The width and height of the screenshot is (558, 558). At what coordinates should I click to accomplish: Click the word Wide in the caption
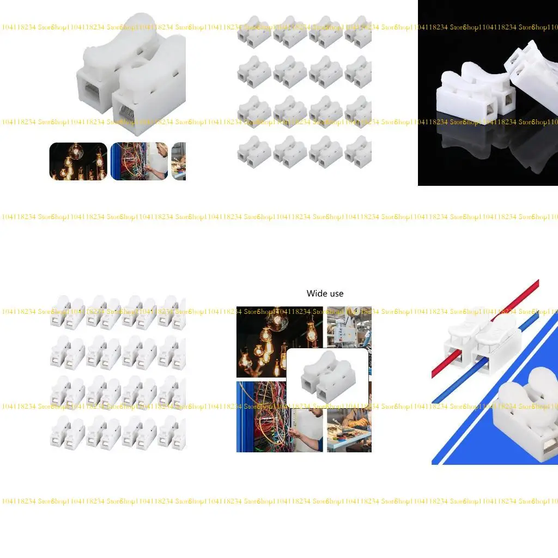[x=317, y=294]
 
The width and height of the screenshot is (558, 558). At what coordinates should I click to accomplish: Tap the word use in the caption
[x=336, y=294]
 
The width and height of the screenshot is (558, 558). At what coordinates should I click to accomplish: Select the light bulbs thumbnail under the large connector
[x=78, y=161]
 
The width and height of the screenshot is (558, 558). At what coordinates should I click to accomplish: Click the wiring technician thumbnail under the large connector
[x=139, y=161]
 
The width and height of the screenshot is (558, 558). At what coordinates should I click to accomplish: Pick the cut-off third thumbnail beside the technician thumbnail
[x=179, y=161]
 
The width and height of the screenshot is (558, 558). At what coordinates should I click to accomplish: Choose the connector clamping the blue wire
[x=496, y=349]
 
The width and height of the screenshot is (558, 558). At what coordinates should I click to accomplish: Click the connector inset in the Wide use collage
[x=327, y=375]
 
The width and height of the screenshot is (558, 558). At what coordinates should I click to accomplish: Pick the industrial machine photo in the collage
[x=349, y=326]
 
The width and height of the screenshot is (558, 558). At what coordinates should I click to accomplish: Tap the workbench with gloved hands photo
[x=349, y=430]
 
